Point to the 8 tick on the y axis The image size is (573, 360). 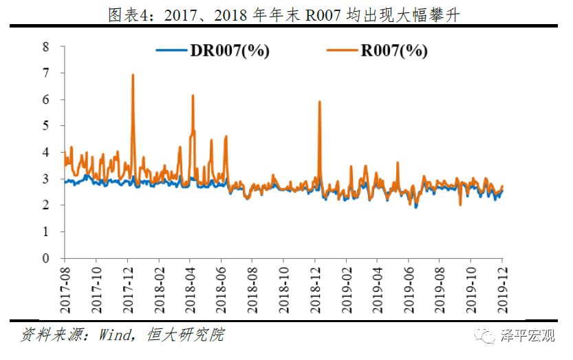coord(46,47)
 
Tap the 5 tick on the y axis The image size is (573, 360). coord(46,126)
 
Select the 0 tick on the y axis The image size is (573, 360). coord(46,259)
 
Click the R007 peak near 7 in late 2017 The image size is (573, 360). coord(132,75)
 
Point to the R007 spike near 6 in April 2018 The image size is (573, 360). coord(193,96)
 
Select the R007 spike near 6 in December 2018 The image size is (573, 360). coord(320,102)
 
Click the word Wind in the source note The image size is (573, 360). coord(115,335)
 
